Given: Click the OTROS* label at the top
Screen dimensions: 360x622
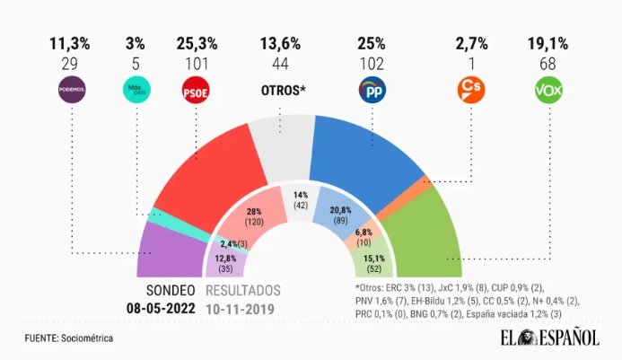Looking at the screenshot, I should point(281,90).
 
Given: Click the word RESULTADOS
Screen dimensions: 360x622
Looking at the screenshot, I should point(243,291).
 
